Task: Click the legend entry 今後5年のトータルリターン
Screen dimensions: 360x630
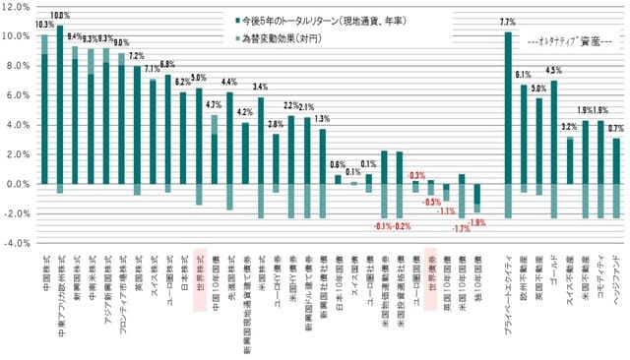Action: click(x=319, y=19)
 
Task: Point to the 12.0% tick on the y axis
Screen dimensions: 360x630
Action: click(x=19, y=7)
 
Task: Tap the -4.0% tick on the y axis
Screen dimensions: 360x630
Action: click(x=19, y=243)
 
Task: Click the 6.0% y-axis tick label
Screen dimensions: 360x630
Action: click(x=19, y=95)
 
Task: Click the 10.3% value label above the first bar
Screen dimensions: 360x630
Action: click(x=44, y=24)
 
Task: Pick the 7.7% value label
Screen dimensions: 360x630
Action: click(x=508, y=22)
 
